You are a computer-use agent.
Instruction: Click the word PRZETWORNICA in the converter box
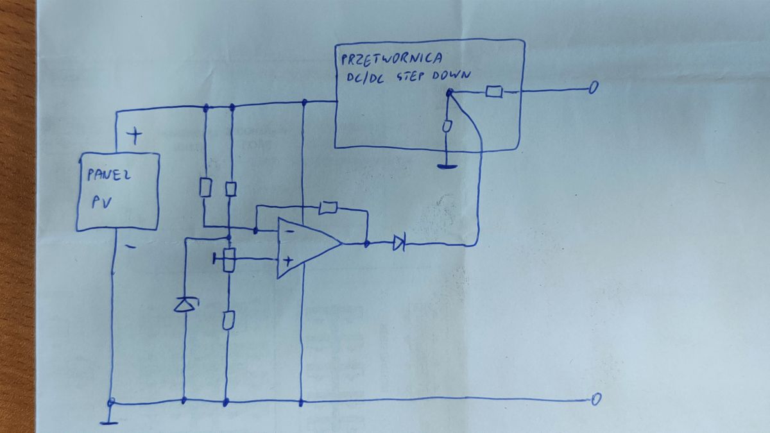click(391, 59)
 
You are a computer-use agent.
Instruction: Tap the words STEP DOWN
click(434, 76)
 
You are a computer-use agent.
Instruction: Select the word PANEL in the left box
click(108, 174)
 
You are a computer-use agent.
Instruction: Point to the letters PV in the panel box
click(102, 203)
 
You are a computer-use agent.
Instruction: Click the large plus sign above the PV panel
click(134, 136)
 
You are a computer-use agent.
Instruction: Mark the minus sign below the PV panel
click(131, 246)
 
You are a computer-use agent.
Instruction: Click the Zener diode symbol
click(186, 305)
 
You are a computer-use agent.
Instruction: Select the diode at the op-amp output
click(399, 243)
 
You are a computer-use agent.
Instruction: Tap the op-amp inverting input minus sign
click(290, 232)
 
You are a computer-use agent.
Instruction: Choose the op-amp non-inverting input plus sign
click(288, 261)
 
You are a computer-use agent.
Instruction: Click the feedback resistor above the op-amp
click(328, 208)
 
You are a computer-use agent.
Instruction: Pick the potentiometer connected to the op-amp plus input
click(227, 259)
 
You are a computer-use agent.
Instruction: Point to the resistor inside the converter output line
click(494, 92)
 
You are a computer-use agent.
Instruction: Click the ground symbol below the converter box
click(447, 167)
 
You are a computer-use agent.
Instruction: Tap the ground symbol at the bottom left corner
click(109, 423)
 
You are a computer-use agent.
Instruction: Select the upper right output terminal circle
click(594, 87)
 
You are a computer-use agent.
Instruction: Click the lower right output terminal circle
click(596, 399)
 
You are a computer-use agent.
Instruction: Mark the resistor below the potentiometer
click(228, 320)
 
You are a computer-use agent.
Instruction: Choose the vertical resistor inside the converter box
click(447, 126)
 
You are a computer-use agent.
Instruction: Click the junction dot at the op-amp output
click(367, 244)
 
